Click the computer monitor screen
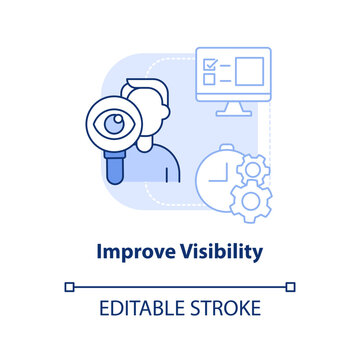pos(235,73)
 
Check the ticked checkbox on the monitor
pos(210,62)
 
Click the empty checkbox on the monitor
pos(210,79)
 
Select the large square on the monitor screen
pos(248,71)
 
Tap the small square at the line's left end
pos(69,286)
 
